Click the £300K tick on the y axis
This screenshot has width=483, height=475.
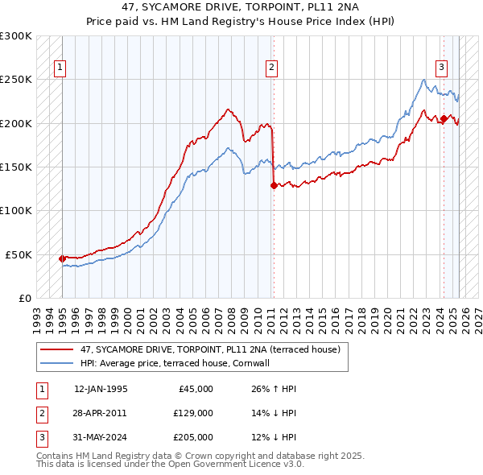(16, 36)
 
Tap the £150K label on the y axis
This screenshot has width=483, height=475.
(16, 167)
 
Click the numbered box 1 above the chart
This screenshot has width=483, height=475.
(61, 68)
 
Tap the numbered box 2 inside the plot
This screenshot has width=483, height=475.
(272, 68)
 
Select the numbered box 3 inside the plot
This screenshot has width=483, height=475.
(442, 68)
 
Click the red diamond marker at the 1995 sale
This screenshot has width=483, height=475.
(62, 258)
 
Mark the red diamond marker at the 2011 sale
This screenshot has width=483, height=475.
(274, 185)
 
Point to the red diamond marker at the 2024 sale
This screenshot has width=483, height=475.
(444, 119)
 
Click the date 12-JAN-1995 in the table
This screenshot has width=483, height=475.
(101, 389)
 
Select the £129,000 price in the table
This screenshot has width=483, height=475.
(193, 413)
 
